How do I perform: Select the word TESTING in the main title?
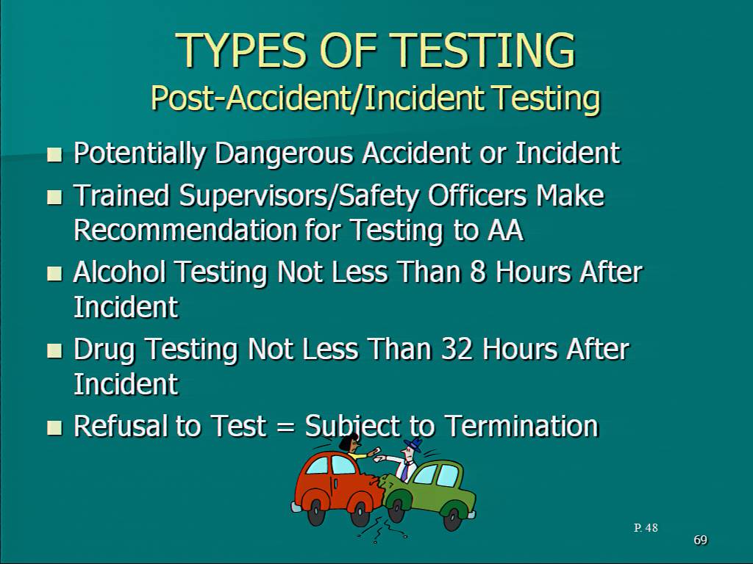485,51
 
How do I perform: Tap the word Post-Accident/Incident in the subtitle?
318,98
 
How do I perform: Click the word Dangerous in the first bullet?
285,154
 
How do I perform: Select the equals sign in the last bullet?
285,427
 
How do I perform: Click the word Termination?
521,426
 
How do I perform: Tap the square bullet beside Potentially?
55,154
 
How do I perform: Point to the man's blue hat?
413,444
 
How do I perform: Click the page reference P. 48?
646,528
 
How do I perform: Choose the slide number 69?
701,540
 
